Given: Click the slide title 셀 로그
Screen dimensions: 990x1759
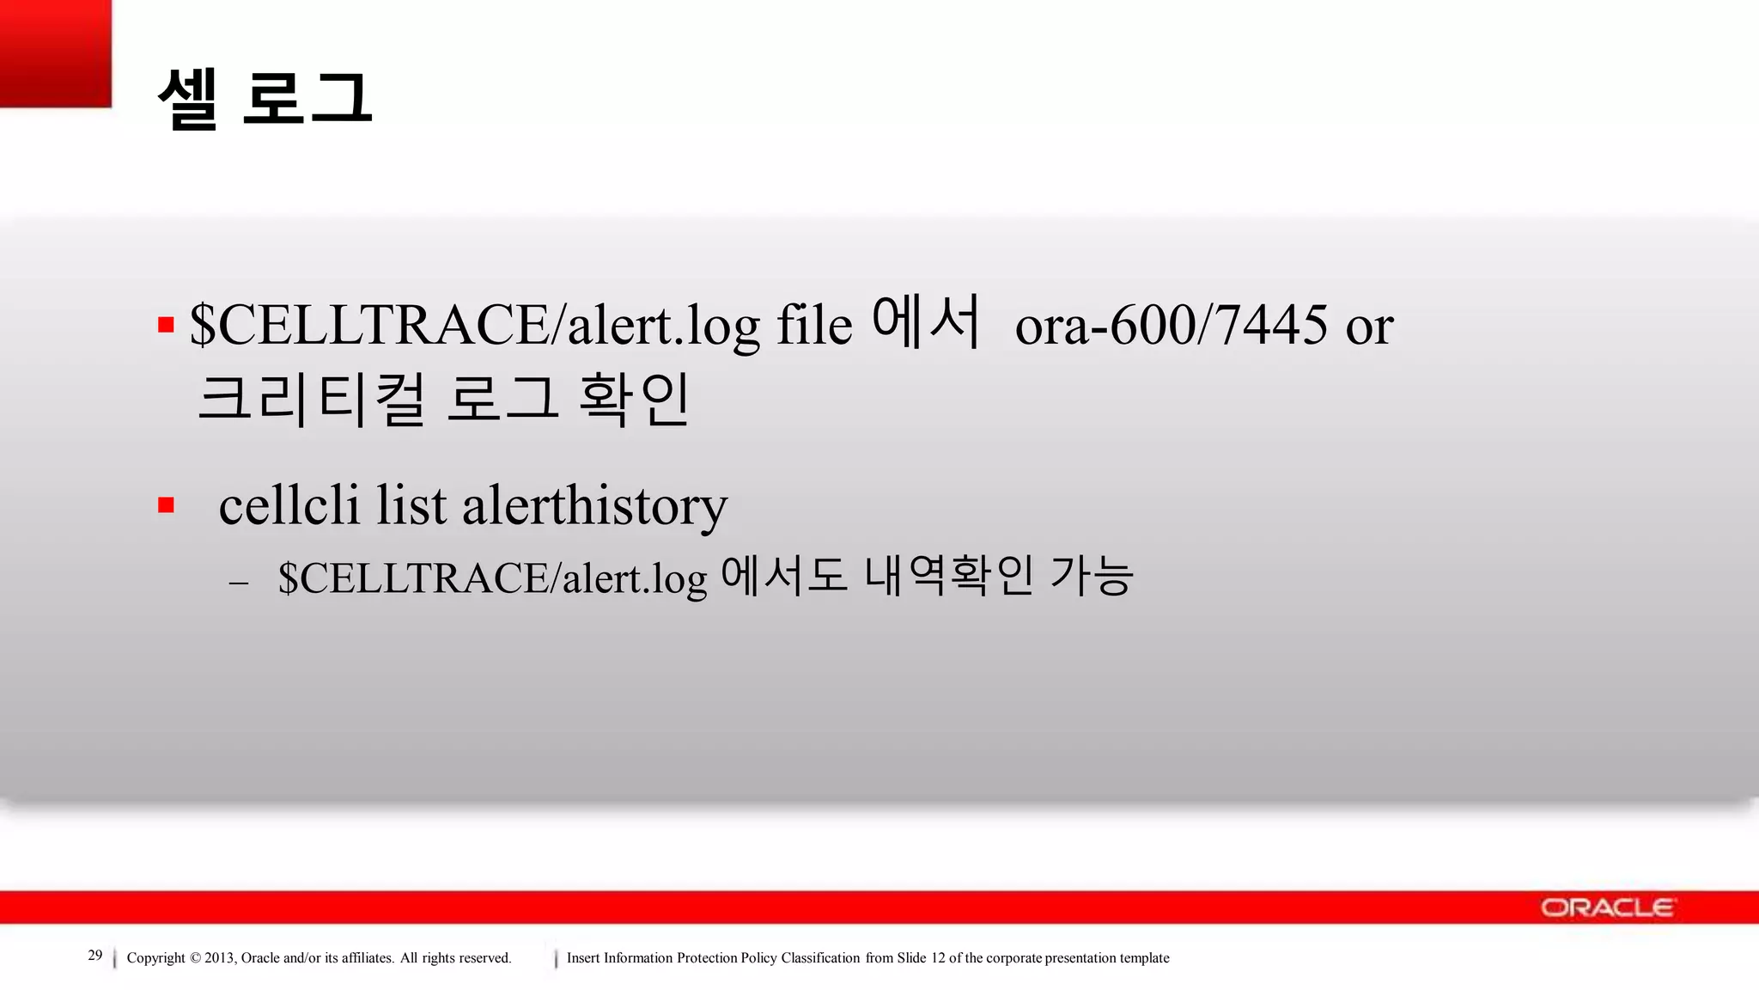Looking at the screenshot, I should tap(265, 99).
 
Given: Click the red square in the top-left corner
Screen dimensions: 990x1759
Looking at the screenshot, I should tap(55, 53).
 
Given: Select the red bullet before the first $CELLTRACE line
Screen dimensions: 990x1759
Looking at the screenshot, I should tap(166, 325).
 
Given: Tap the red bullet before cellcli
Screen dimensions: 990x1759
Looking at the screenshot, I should tap(166, 505).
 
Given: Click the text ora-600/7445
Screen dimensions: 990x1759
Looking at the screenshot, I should tap(1171, 326).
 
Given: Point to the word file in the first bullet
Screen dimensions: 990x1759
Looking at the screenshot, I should tap(813, 326).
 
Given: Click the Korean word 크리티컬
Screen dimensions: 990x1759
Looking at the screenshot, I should tap(311, 400).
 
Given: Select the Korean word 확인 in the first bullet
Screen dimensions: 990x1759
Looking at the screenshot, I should tap(634, 400).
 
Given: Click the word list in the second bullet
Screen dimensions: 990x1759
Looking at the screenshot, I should tap(411, 505).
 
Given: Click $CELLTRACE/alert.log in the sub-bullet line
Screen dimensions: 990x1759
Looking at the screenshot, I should tap(492, 578).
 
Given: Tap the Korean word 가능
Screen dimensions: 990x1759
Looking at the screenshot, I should tap(1091, 576).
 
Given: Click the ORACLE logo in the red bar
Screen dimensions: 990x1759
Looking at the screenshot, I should tap(1607, 907).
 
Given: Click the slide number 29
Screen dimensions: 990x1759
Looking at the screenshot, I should tap(95, 956).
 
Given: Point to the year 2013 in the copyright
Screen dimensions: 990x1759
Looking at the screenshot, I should tap(219, 958).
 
